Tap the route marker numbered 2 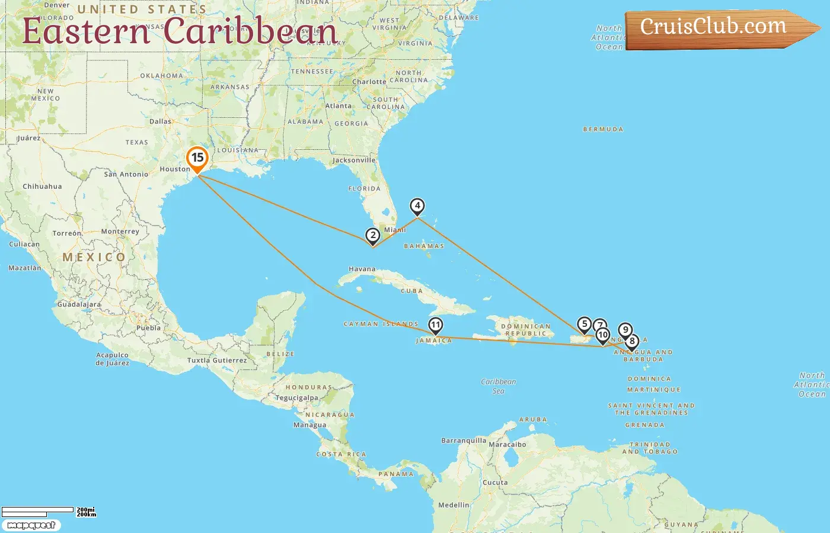pos(372,236)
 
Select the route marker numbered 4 pos(417,206)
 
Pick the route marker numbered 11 pos(436,325)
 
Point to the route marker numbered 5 pos(584,324)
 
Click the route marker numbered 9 pos(625,330)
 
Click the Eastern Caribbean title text pos(180,31)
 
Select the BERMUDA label pos(603,129)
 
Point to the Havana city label pos(362,269)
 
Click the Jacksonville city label pos(354,160)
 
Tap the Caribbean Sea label pos(499,386)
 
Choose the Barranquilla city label pos(463,441)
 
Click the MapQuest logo pos(31,525)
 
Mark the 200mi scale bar pos(38,511)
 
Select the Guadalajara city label pos(79,304)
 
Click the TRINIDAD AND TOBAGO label pos(650,448)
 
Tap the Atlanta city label pos(338,106)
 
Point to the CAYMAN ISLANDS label pos(381,324)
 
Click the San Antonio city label pos(126,174)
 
